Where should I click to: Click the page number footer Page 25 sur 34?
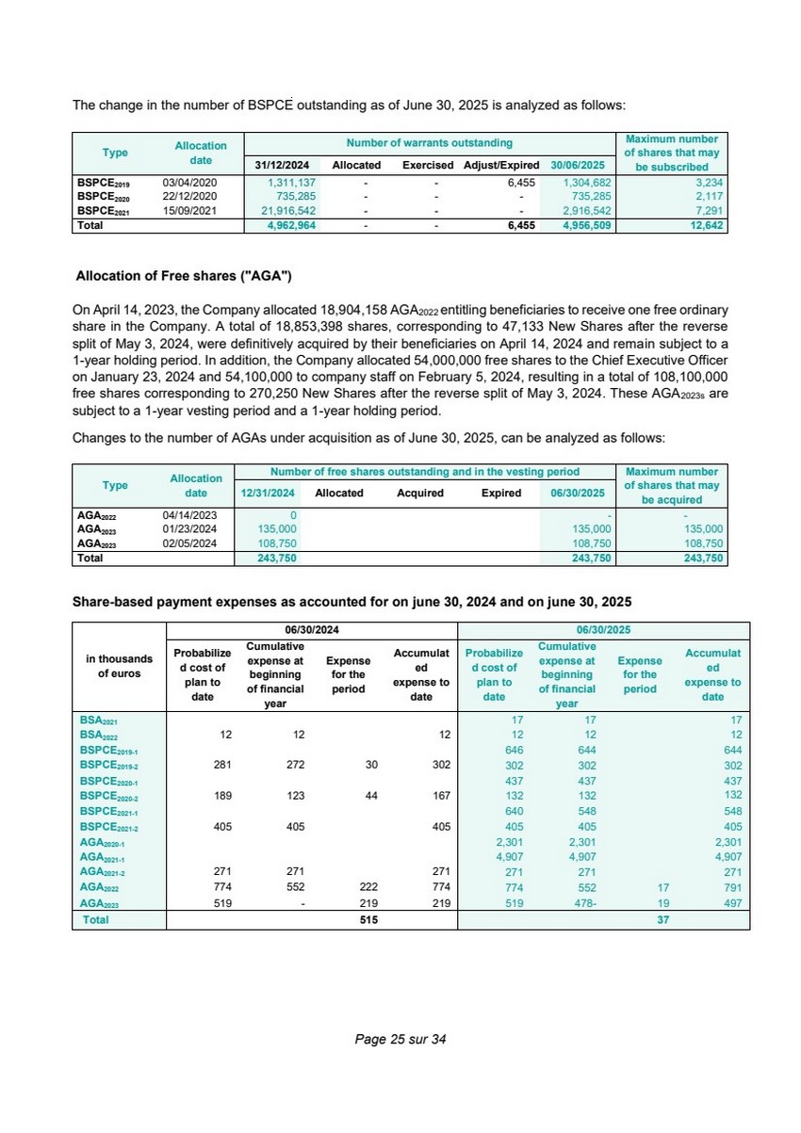point(400,1039)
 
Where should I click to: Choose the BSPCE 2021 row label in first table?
point(103,212)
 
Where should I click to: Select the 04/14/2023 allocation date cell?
point(190,515)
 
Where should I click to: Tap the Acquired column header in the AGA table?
point(420,493)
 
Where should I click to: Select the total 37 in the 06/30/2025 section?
point(662,919)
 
